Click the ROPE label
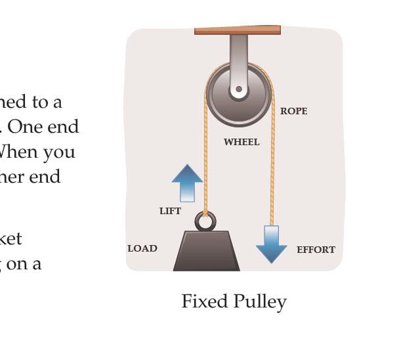[293, 111]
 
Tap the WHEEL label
[241, 142]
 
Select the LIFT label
[170, 211]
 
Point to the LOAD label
[142, 248]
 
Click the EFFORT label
[316, 250]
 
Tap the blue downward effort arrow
[271, 244]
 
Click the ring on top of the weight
[205, 221]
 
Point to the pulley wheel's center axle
[239, 89]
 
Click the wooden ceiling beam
[238, 30]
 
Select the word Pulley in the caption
[261, 302]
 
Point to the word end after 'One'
[66, 127]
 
